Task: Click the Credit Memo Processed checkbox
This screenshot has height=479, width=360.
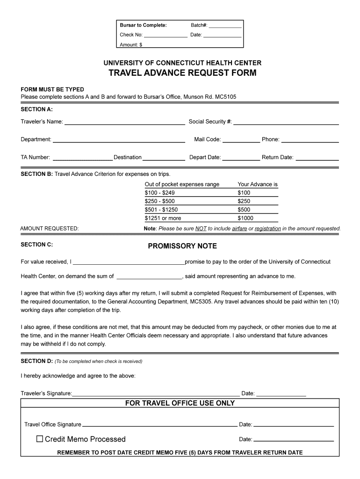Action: [x=40, y=439]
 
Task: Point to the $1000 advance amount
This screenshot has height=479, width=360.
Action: [x=245, y=218]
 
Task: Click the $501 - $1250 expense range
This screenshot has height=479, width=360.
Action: [x=161, y=210]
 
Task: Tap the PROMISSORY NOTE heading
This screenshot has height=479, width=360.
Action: [x=182, y=246]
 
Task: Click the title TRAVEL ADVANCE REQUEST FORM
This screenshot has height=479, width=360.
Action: [x=182, y=73]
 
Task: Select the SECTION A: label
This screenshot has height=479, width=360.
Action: [x=36, y=109]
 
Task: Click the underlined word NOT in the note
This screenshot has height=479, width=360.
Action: [x=201, y=229]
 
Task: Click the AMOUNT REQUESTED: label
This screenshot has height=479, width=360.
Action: [x=50, y=229]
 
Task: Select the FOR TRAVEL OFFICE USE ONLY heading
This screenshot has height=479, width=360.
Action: [x=180, y=403]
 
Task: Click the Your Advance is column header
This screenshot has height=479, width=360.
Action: [x=258, y=184]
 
